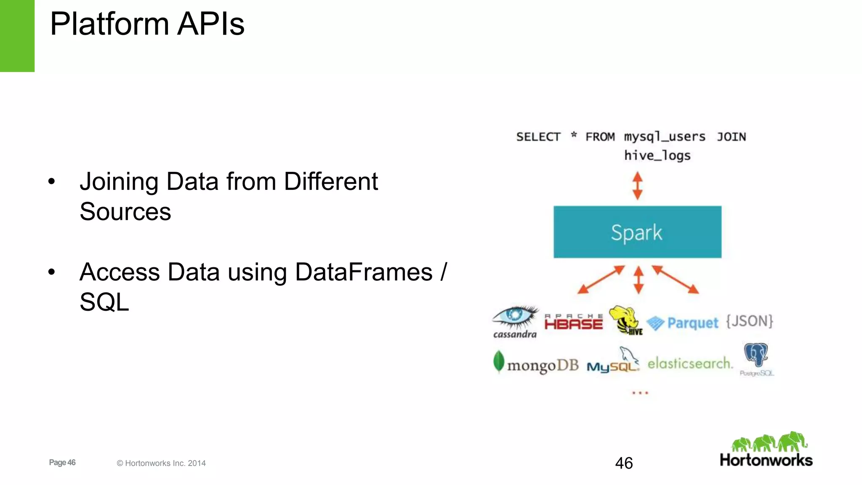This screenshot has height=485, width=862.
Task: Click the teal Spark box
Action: [x=637, y=232]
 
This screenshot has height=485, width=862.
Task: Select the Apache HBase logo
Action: [x=573, y=322]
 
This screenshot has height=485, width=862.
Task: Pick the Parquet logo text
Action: [x=692, y=323]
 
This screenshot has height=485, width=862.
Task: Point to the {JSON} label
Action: [x=750, y=321]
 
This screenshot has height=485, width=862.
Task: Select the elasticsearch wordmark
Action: [x=690, y=363]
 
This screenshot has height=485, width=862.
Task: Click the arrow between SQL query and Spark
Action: [x=638, y=186]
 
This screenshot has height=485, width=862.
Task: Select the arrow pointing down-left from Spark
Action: [x=601, y=280]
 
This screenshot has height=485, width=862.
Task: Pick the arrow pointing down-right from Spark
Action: [x=676, y=280]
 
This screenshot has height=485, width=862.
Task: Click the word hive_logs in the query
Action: [x=657, y=156]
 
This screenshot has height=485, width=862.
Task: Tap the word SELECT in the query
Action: [x=538, y=137]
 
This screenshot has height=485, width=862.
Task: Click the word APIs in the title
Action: [x=210, y=24]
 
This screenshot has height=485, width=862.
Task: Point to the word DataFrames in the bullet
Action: [x=364, y=272]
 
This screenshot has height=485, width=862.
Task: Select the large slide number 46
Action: [x=624, y=463]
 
